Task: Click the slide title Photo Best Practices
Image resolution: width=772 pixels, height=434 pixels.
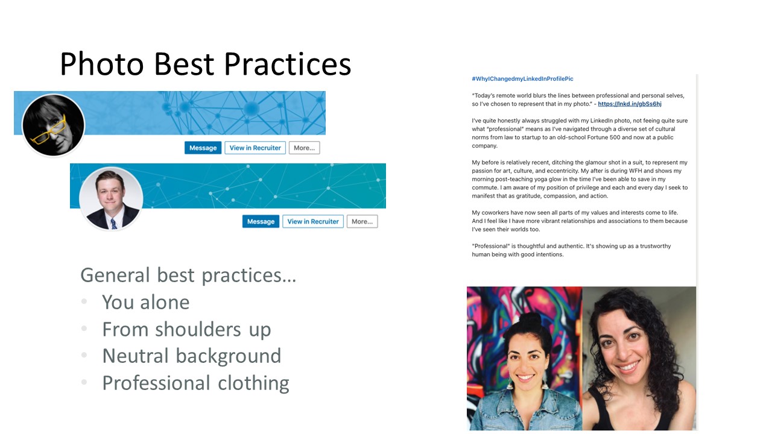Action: pyautogui.click(x=205, y=64)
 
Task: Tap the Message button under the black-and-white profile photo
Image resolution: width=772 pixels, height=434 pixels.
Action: pyautogui.click(x=203, y=148)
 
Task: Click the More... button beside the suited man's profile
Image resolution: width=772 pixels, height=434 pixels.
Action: pyautogui.click(x=362, y=221)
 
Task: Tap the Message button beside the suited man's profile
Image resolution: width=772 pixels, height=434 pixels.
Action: pyautogui.click(x=261, y=221)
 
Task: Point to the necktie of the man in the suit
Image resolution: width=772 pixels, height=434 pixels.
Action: pyautogui.click(x=113, y=223)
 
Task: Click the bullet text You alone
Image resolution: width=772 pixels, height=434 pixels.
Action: pyautogui.click(x=145, y=302)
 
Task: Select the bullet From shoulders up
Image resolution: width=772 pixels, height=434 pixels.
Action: pyautogui.click(x=186, y=329)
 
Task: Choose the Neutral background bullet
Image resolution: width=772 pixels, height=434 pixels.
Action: pyautogui.click(x=191, y=356)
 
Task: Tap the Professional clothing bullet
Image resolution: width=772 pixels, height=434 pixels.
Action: pyautogui.click(x=195, y=383)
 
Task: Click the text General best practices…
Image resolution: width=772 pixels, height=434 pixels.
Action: pyautogui.click(x=188, y=275)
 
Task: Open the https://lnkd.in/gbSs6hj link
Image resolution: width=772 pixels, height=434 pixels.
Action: pyautogui.click(x=630, y=104)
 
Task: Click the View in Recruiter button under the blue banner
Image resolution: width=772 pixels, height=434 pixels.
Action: pyautogui.click(x=255, y=148)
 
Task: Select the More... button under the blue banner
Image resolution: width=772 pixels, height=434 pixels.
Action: pyautogui.click(x=304, y=148)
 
